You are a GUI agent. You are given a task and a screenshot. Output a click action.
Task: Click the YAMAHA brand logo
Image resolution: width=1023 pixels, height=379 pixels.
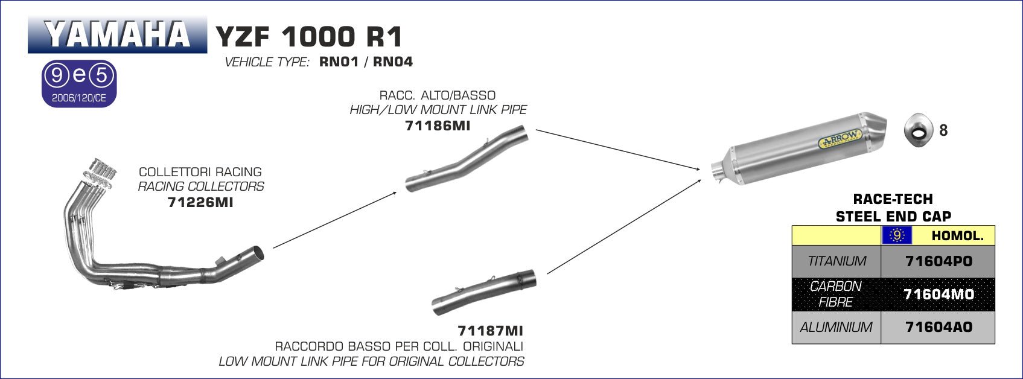[117, 35]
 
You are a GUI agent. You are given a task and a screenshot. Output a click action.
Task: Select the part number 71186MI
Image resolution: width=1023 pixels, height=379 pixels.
[438, 126]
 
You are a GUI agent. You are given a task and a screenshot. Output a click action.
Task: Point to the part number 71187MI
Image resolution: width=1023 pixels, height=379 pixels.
[490, 331]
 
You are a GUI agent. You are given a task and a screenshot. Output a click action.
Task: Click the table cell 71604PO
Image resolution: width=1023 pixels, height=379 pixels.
[939, 261]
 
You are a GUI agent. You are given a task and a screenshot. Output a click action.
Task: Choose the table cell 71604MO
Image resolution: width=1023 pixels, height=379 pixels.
[939, 294]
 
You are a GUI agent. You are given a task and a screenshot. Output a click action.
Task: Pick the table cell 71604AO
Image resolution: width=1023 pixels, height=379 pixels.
[939, 327]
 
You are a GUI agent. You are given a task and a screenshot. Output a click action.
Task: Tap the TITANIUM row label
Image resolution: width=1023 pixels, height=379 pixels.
[837, 261]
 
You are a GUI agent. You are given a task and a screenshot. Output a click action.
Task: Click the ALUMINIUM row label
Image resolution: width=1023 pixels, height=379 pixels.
[837, 327]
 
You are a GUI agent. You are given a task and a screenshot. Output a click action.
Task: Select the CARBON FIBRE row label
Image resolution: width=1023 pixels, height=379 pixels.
[837, 294]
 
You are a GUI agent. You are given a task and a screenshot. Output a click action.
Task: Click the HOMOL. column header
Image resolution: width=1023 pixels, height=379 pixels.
[957, 236]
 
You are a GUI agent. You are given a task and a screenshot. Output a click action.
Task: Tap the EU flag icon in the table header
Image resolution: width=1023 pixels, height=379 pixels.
[897, 236]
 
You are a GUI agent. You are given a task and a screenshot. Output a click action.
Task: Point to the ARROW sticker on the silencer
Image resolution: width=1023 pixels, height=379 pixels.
[839, 139]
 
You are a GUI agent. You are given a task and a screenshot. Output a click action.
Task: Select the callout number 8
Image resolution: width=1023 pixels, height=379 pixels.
[943, 130]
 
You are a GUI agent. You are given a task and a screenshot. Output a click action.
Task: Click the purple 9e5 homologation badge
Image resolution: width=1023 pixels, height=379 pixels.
[78, 83]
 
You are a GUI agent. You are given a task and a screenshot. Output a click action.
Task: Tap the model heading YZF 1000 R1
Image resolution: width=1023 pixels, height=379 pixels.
[308, 37]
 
